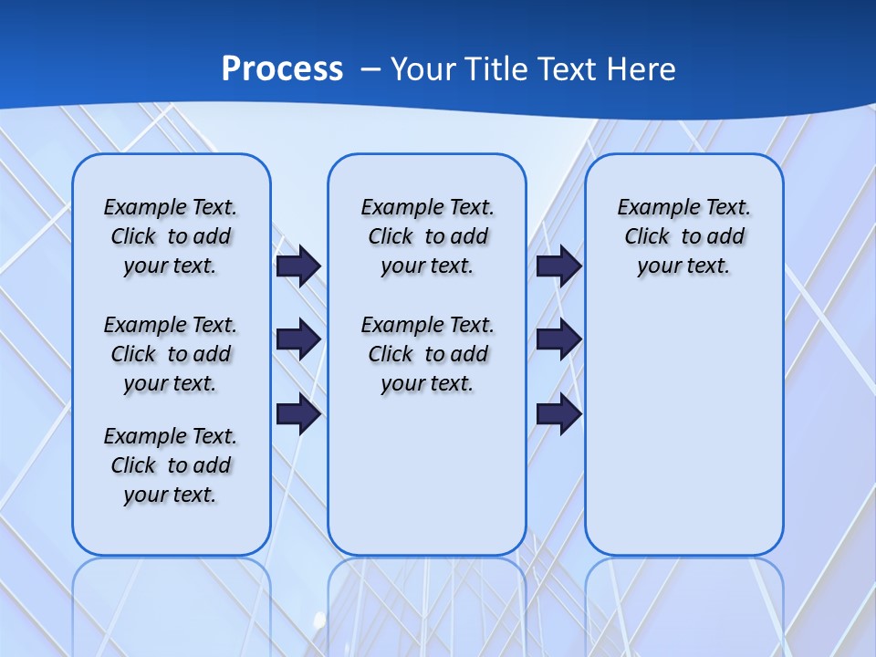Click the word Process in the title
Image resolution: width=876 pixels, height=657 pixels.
click(282, 69)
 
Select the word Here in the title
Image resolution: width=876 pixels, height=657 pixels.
click(641, 69)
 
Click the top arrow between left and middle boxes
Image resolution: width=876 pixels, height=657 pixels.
click(298, 266)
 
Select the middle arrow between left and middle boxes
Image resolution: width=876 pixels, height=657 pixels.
click(298, 340)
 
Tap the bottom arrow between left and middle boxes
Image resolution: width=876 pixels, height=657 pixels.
click(298, 414)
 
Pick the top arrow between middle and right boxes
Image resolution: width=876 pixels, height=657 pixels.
click(558, 266)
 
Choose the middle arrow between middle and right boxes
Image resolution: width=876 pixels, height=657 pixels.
click(558, 340)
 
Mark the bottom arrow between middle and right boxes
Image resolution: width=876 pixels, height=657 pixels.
click(558, 414)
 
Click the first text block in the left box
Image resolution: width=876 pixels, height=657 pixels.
click(171, 236)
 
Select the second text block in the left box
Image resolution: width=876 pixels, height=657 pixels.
click(171, 354)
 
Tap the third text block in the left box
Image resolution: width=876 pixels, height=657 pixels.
click(171, 465)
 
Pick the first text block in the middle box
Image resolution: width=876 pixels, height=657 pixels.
click(427, 236)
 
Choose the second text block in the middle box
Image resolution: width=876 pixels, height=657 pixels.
click(427, 354)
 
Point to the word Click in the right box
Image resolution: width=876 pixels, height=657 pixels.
click(647, 237)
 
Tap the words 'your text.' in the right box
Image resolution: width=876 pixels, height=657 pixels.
click(683, 266)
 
